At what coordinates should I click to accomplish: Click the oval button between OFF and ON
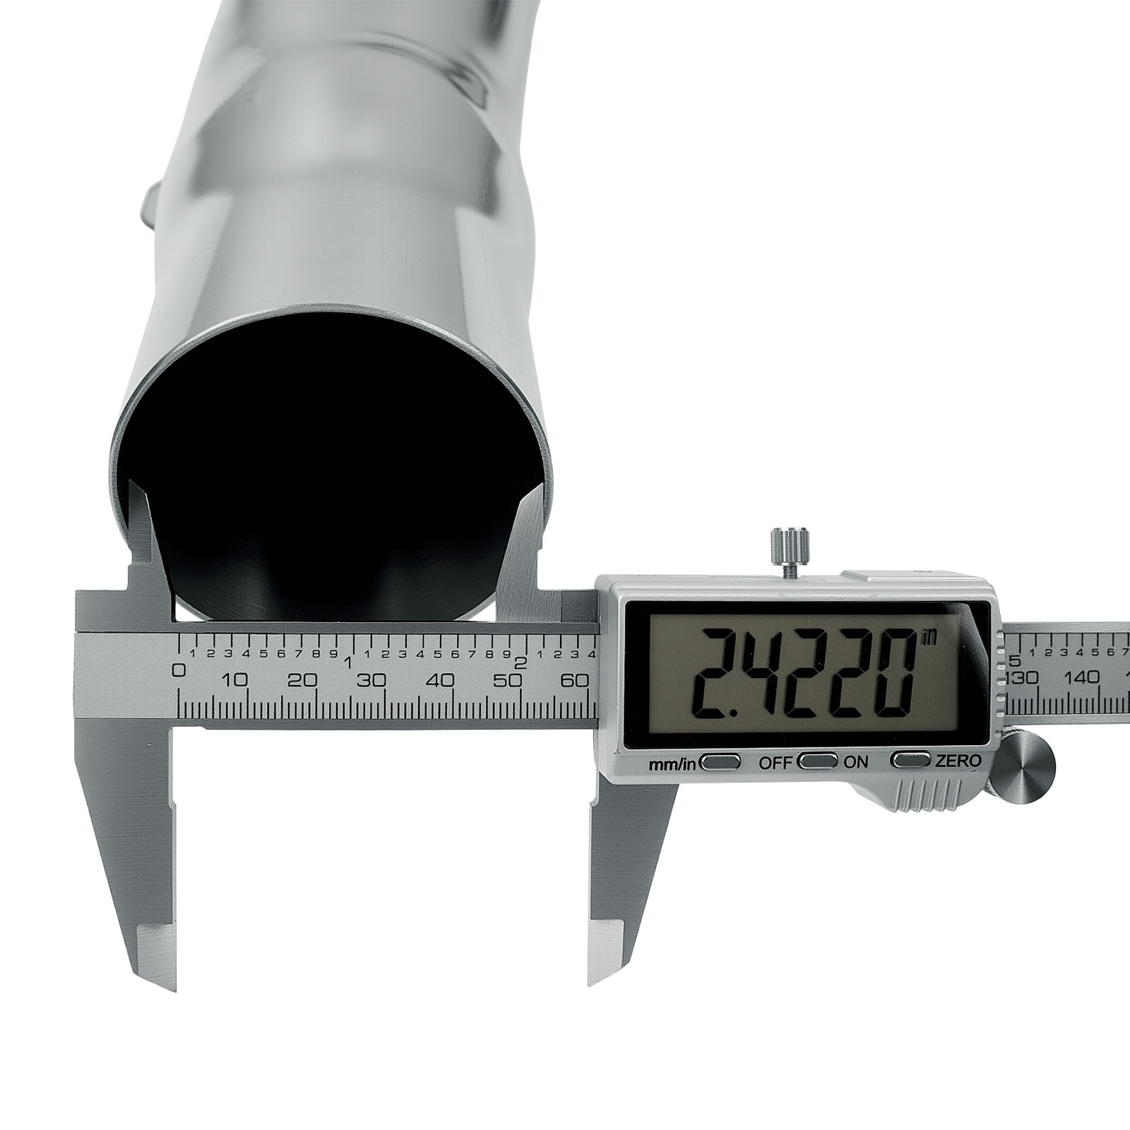pos(818,761)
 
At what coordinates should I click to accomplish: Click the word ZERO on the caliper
pos(958,761)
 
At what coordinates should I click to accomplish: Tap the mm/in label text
pos(672,763)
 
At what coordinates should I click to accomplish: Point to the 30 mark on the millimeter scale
pos(371,681)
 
